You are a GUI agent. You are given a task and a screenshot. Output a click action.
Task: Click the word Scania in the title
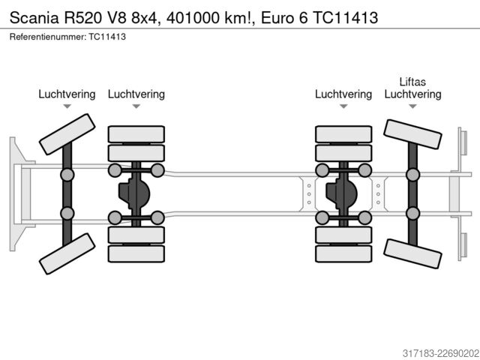tap(34, 18)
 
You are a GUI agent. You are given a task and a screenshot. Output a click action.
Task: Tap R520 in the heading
tap(82, 18)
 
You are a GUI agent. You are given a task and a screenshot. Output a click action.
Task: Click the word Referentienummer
tap(48, 37)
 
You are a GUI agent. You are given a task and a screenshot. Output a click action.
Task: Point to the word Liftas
tap(412, 82)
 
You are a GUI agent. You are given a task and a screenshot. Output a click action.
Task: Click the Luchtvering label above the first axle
tap(67, 94)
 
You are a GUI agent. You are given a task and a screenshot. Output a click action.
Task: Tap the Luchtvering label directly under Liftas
tap(412, 94)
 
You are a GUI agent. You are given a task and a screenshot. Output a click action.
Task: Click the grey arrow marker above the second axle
tap(136, 106)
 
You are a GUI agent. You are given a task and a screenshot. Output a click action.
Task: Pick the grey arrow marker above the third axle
tap(343, 106)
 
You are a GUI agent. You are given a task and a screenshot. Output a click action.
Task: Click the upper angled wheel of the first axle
tap(67, 134)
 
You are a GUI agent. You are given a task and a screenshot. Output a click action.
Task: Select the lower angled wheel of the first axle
tap(67, 253)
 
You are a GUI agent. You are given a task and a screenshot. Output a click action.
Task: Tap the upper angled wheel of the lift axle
tap(412, 134)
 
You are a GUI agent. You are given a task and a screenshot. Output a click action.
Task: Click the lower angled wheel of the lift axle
tap(412, 253)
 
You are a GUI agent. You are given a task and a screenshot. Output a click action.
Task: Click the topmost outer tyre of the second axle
tap(136, 134)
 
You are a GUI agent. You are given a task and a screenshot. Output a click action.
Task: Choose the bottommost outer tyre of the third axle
tap(343, 253)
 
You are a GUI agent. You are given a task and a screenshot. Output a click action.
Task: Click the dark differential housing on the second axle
tap(134, 193)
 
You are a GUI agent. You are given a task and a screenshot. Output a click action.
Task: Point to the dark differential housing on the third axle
tap(341, 193)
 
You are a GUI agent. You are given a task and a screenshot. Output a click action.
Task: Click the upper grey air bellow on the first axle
tap(67, 175)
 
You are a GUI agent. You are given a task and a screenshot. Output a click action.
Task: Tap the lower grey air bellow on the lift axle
tap(412, 214)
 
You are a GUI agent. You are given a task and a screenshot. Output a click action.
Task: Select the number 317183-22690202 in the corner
tap(440, 353)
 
